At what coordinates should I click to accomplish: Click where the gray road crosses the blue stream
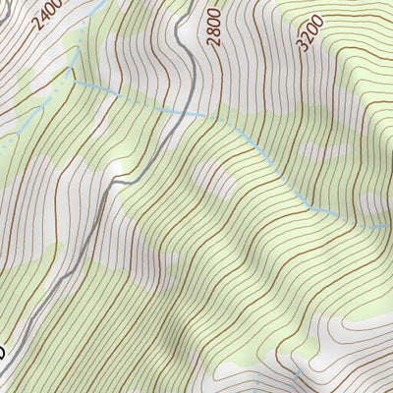coord(184,112)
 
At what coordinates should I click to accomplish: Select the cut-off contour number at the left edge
coord(2,351)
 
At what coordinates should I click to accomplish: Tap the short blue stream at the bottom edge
coord(298,381)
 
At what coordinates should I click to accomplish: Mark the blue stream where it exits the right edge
coord(389,226)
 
